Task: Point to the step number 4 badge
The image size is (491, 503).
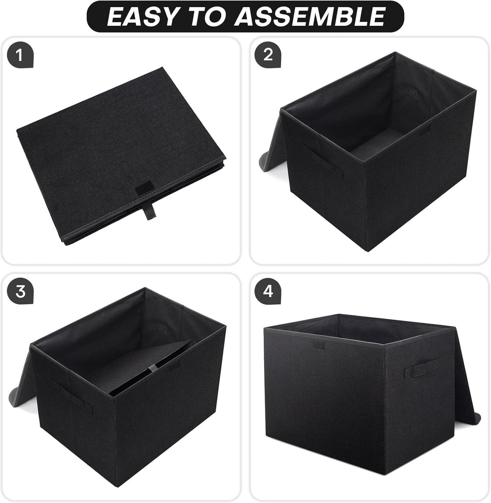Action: [x=268, y=291]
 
